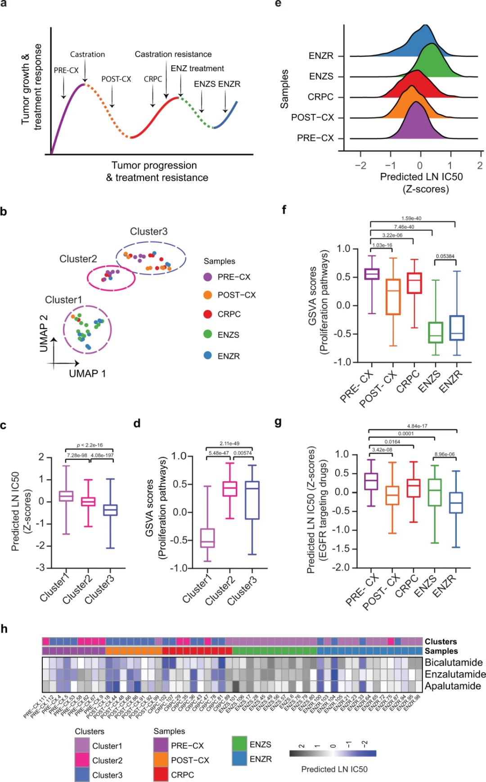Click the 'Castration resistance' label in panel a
click(x=173, y=54)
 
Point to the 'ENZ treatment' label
click(x=197, y=68)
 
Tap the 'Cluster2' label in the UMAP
click(x=78, y=259)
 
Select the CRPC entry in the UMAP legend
click(x=229, y=314)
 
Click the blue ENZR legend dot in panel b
click(x=207, y=356)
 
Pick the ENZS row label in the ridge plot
click(x=321, y=77)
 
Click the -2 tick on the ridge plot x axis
click(x=360, y=166)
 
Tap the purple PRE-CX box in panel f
click(x=372, y=274)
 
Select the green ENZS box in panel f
click(x=435, y=332)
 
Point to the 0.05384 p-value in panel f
click(x=445, y=256)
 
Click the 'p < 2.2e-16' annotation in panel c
click(x=90, y=445)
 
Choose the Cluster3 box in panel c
click(x=110, y=510)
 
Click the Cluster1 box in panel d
click(x=207, y=538)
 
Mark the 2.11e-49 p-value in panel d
click(x=229, y=443)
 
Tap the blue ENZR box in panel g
click(x=456, y=502)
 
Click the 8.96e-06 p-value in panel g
click(x=445, y=454)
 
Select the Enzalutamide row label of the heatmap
click(x=455, y=674)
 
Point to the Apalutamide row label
click(x=453, y=686)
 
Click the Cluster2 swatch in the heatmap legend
click(x=82, y=760)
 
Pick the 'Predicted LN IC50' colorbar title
click(x=334, y=769)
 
